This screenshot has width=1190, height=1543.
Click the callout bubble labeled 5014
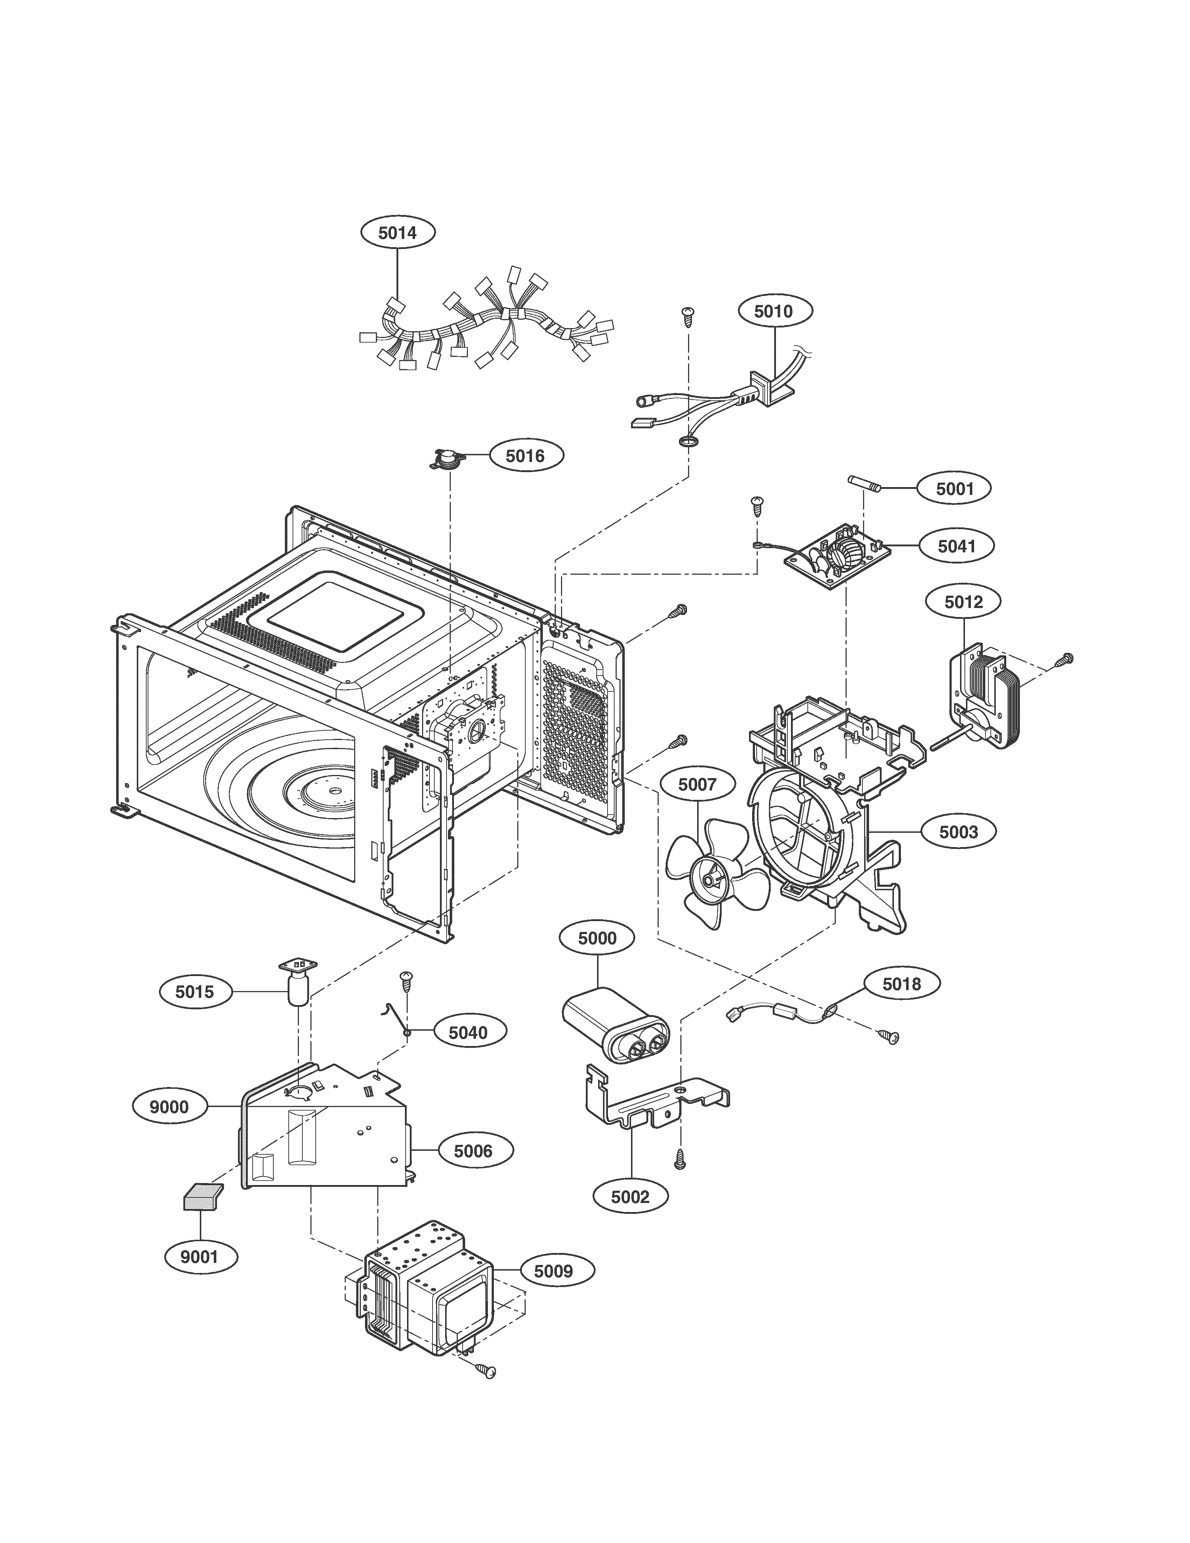tap(398, 233)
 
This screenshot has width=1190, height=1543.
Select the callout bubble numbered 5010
tap(774, 312)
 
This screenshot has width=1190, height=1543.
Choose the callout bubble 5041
tap(956, 545)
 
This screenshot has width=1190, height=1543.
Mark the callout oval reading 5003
tap(958, 832)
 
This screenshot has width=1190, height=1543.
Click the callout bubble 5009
tap(553, 1271)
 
